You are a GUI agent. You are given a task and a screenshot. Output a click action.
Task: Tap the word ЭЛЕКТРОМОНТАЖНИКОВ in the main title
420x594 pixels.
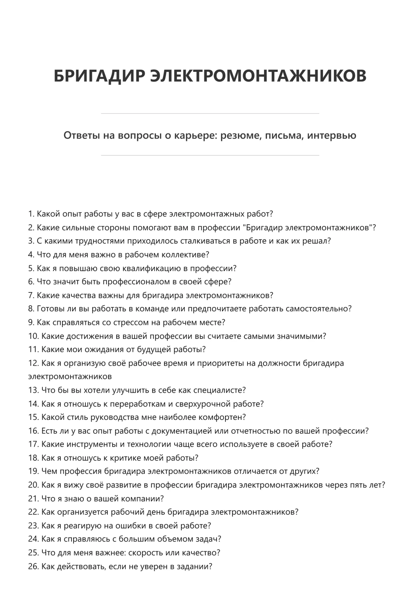pyautogui.click(x=258, y=76)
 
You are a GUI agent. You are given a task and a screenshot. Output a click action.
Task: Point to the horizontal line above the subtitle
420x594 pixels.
pyautogui.click(x=210, y=114)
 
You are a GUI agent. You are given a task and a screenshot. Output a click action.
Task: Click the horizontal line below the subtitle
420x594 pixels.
pyautogui.click(x=210, y=156)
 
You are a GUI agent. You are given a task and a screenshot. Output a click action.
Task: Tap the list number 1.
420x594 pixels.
pyautogui.click(x=31, y=214)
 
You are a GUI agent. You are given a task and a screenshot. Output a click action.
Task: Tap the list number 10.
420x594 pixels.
pyautogui.click(x=33, y=336)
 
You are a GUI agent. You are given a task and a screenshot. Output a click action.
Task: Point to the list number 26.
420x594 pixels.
pyautogui.click(x=33, y=567)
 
